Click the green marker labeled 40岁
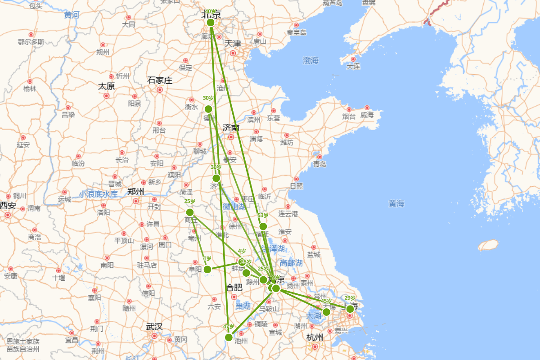pyautogui.click(x=210, y=22)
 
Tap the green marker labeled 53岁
pyautogui.click(x=263, y=226)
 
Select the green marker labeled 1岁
pyautogui.click(x=207, y=270)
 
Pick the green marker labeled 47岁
pyautogui.click(x=229, y=337)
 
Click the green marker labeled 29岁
pyautogui.click(x=350, y=309)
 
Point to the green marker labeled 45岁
pyautogui.click(x=326, y=312)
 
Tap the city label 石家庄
pyautogui.click(x=160, y=81)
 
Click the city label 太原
pyautogui.click(x=107, y=86)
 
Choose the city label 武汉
pyautogui.click(x=154, y=327)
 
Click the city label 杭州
pyautogui.click(x=315, y=337)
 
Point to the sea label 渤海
pyautogui.click(x=310, y=60)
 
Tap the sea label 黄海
pyautogui.click(x=396, y=204)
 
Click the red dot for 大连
pyautogui.click(x=353, y=59)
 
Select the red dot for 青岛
pyautogui.click(x=319, y=157)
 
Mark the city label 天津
pyautogui.click(x=233, y=44)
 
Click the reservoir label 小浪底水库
pyautogui.click(x=98, y=194)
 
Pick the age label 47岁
pyautogui.click(x=229, y=327)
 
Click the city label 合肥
pyautogui.click(x=234, y=287)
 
